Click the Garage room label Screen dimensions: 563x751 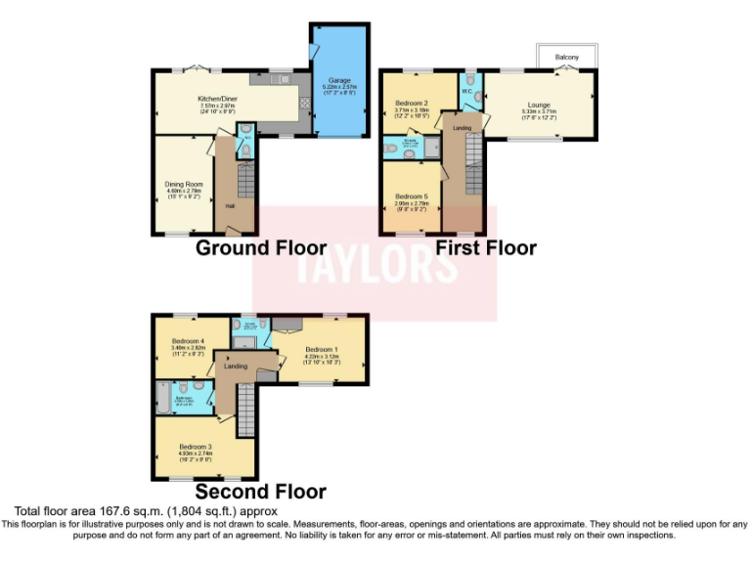point(339,80)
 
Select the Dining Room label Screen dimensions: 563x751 point(183,182)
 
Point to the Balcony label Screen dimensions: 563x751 point(567,58)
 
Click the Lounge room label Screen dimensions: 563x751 point(539,105)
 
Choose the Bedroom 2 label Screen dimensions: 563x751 point(413,103)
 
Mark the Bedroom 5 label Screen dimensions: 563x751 point(412,195)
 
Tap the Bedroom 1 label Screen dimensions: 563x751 point(321,349)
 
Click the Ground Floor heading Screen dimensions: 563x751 point(260,247)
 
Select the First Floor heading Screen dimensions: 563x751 point(486,247)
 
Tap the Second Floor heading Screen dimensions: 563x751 point(260,492)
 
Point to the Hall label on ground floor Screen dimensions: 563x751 point(231,206)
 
